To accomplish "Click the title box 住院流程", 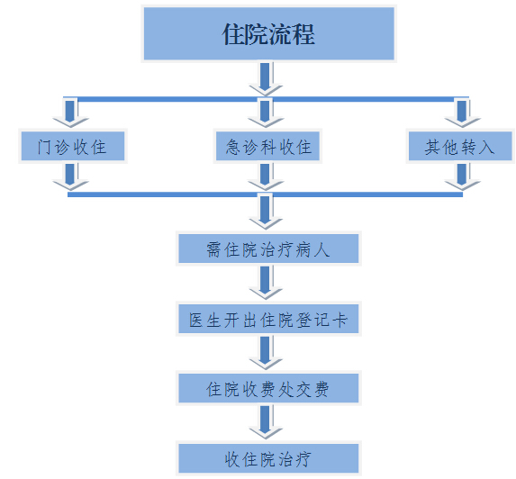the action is [269, 33].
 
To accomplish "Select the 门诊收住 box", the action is [73, 146].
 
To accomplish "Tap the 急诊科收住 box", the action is [267, 146].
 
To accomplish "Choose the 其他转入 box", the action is [460, 146].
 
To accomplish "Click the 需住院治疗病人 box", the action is [268, 249].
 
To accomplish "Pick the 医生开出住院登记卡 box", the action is [268, 319].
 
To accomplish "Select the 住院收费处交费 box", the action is [268, 388].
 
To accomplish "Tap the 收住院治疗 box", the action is [268, 458].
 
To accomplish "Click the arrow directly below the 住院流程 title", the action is [266, 79].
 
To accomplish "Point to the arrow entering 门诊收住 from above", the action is [70, 113].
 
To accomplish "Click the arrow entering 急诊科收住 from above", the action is [266, 113].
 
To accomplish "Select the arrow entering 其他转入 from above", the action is [462, 113].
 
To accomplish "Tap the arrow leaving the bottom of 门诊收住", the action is [70, 176].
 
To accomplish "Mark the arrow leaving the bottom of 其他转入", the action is [462, 176].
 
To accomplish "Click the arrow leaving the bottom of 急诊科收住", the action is [266, 176].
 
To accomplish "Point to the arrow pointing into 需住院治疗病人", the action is [266, 212].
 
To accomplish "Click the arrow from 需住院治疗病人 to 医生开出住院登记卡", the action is [266, 283].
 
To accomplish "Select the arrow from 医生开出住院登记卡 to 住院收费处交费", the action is [266, 352].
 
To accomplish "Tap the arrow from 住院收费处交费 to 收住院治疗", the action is [266, 422].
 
